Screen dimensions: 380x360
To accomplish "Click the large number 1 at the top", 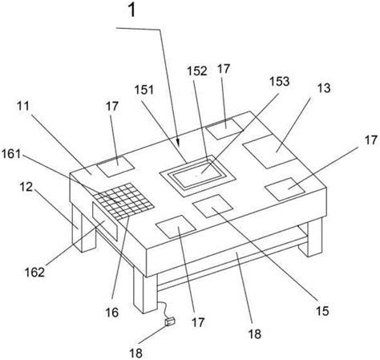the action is click(x=132, y=10).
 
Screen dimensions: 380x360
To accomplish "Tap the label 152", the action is click(x=197, y=71).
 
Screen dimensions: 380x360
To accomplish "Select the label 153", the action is click(x=280, y=81).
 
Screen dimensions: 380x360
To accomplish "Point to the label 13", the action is click(x=325, y=88).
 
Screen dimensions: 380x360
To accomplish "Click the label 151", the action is click(x=144, y=90).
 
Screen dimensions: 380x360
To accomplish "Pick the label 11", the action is click(x=23, y=106).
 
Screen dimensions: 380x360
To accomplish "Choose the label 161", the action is click(x=11, y=154).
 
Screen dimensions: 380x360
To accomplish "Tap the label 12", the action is click(x=26, y=187).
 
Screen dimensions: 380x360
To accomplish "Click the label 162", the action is click(x=34, y=273).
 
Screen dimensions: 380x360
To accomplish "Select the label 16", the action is click(x=111, y=312).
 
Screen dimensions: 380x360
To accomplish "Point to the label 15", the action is click(x=322, y=311).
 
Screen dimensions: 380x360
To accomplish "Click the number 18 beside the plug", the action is click(x=136, y=353).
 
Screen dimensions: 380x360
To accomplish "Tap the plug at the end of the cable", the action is click(x=170, y=321).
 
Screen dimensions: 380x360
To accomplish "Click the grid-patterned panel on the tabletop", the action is click(x=123, y=201).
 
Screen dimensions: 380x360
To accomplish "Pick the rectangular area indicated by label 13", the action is click(x=270, y=151).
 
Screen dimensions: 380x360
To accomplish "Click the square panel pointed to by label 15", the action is click(x=212, y=205).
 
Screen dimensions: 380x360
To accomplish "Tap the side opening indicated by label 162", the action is click(x=105, y=220).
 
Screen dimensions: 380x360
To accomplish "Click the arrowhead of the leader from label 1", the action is click(x=178, y=143).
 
